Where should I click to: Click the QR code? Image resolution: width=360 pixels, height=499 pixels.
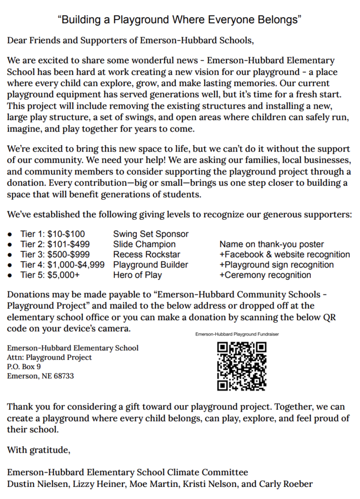click(242, 366)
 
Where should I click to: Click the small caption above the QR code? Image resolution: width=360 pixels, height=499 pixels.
click(237, 334)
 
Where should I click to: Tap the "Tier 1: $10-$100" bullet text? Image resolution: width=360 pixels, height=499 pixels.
click(52, 234)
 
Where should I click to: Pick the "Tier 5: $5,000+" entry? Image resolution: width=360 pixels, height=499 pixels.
click(50, 275)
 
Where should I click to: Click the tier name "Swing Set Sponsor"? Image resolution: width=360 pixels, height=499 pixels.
click(151, 234)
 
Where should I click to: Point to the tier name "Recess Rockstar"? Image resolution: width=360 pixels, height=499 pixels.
click(146, 254)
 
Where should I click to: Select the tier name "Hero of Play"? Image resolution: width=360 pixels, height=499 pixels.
click(137, 275)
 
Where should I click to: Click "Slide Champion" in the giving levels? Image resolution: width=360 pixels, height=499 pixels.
click(144, 244)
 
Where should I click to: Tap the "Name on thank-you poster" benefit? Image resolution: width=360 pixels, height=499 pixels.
click(271, 244)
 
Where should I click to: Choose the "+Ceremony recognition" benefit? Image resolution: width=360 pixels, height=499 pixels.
click(265, 275)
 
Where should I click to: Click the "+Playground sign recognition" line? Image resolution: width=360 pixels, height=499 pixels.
click(276, 265)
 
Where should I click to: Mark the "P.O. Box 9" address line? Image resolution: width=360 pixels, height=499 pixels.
click(24, 366)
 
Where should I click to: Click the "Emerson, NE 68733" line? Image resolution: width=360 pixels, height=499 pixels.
click(40, 376)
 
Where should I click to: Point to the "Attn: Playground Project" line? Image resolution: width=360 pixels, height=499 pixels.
click(49, 357)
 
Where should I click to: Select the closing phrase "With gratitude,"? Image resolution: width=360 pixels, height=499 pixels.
click(38, 450)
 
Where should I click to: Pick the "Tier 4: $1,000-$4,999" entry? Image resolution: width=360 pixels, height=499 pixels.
click(62, 265)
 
